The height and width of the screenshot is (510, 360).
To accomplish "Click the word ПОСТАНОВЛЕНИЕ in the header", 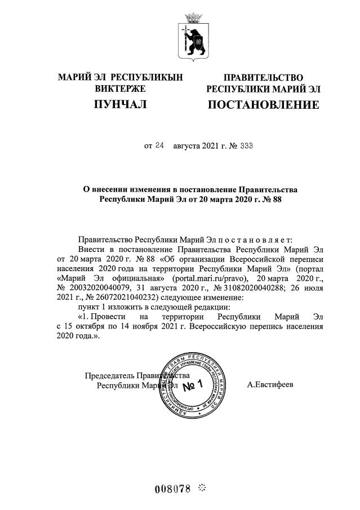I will (x=263, y=105).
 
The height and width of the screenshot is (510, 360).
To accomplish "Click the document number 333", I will (x=246, y=145).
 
